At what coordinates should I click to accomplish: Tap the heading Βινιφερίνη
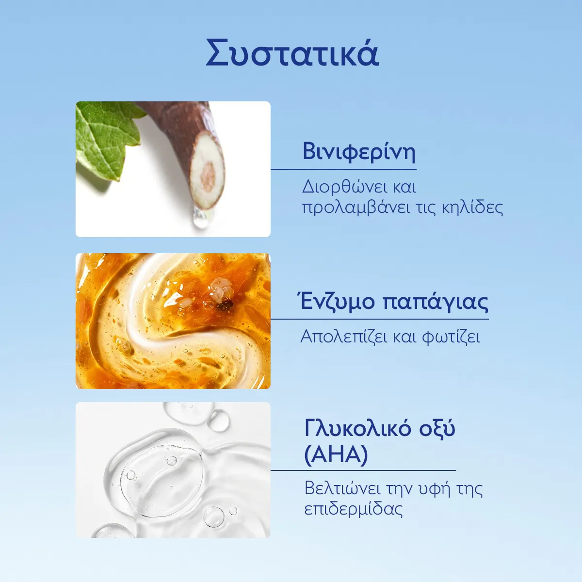click(x=359, y=152)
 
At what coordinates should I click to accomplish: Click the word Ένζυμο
click(x=338, y=302)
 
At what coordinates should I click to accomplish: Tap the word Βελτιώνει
click(x=342, y=489)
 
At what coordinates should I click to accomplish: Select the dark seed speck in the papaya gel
click(x=226, y=306)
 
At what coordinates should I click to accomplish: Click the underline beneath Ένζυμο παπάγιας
click(x=380, y=319)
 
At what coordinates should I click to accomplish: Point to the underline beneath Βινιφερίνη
click(x=343, y=169)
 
